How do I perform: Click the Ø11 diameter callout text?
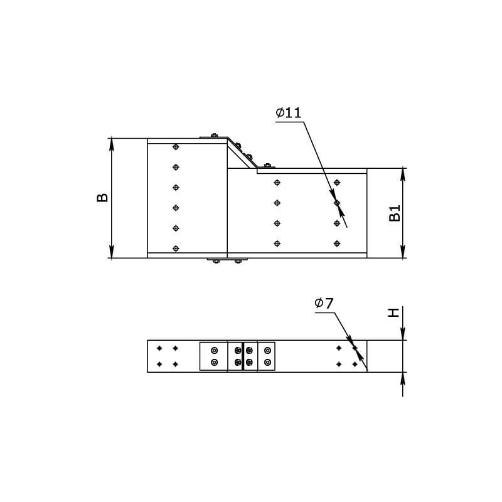click(x=288, y=113)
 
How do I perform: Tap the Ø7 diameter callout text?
click(x=324, y=303)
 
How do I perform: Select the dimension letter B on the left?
click(x=102, y=198)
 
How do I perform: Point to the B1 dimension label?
click(x=395, y=213)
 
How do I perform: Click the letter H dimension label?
click(x=393, y=312)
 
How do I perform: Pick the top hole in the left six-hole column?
click(x=176, y=147)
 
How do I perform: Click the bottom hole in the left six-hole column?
click(x=176, y=248)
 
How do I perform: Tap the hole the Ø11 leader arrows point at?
click(x=337, y=203)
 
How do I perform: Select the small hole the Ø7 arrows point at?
click(x=355, y=348)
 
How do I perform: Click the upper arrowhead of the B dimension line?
click(x=112, y=144)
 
